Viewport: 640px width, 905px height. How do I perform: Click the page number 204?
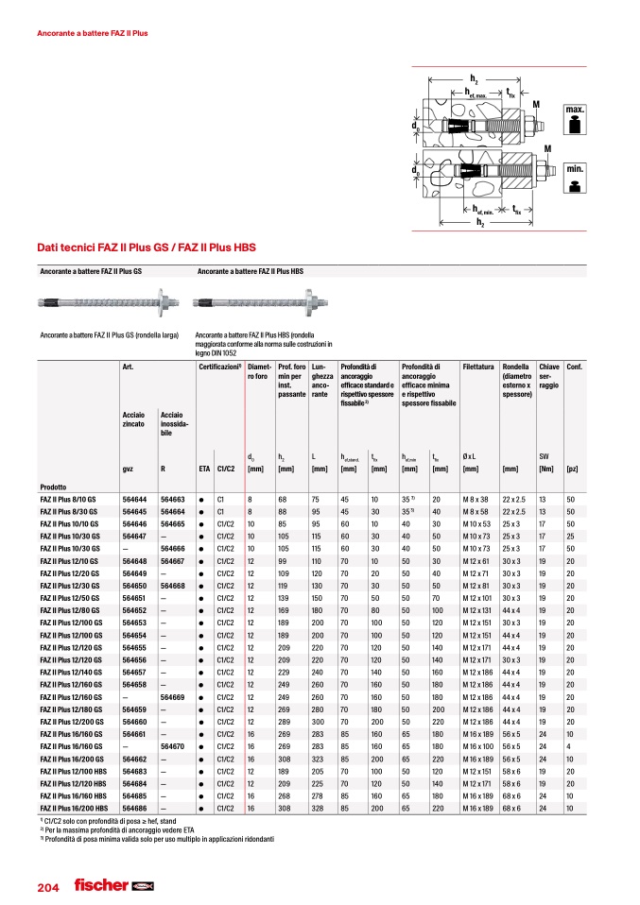(x=47, y=887)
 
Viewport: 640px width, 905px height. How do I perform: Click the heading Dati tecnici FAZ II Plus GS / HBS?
(x=146, y=248)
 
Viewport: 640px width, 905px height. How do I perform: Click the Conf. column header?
(x=573, y=366)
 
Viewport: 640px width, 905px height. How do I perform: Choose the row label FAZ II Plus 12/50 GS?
(x=72, y=597)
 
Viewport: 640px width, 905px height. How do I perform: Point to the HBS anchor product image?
(x=263, y=303)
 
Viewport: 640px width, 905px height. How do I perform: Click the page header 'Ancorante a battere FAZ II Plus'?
(x=92, y=33)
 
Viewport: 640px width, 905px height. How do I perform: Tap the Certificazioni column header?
(x=219, y=366)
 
